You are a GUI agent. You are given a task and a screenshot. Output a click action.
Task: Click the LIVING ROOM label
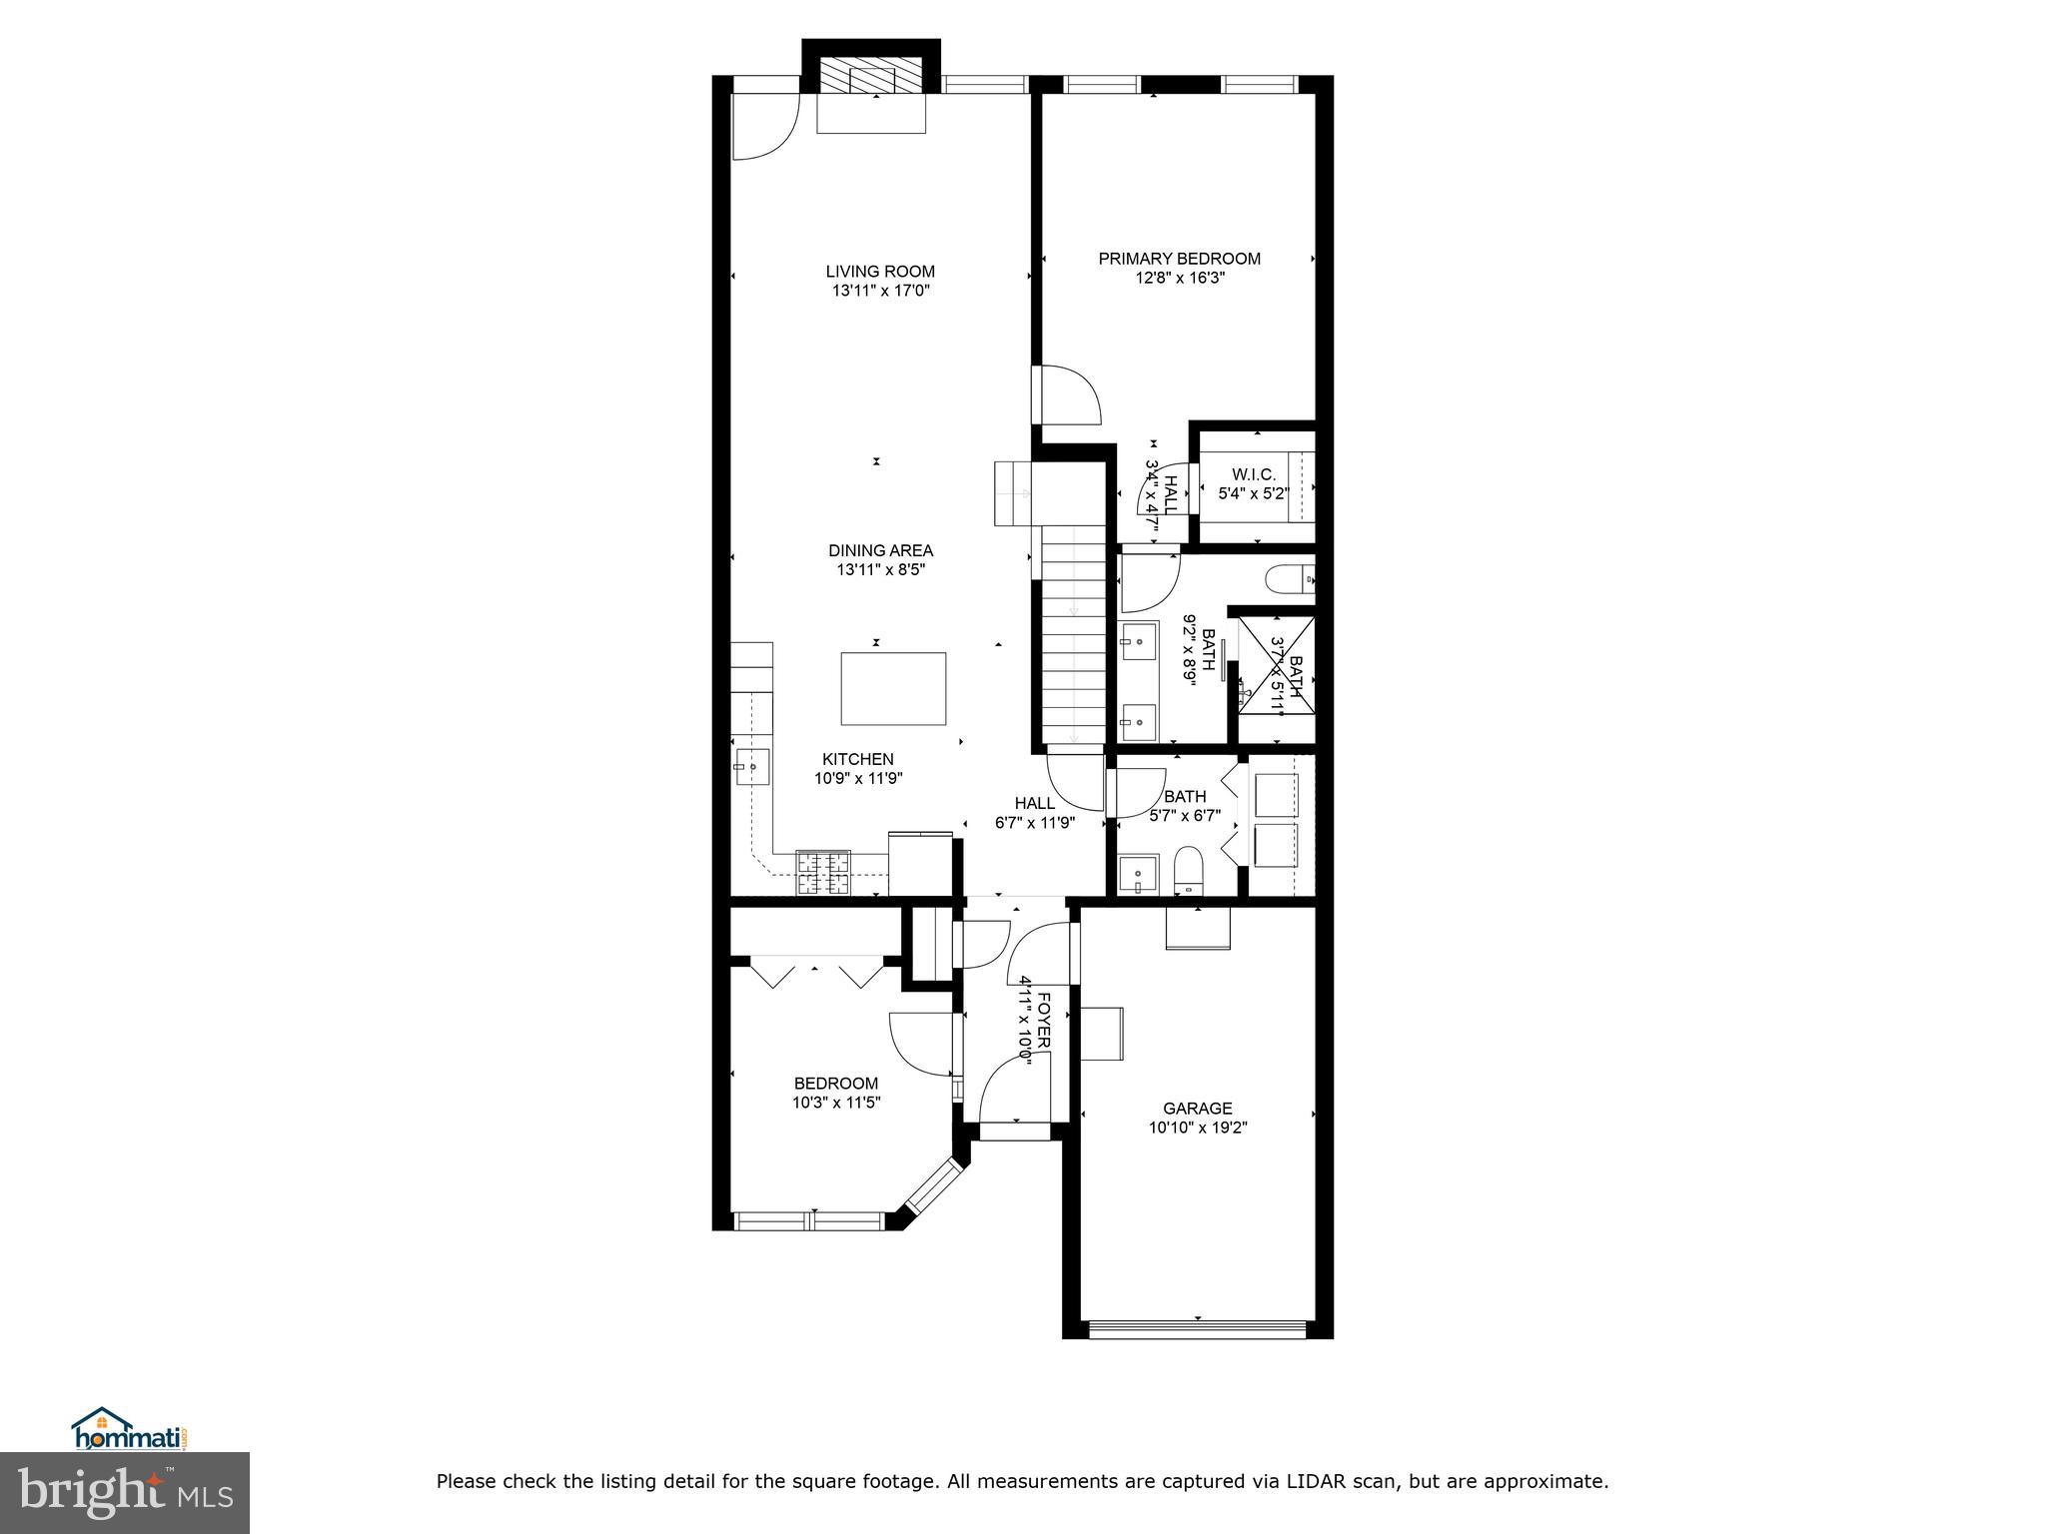[x=879, y=272]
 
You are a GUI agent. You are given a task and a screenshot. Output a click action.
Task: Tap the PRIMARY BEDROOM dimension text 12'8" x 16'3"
[x=1179, y=279]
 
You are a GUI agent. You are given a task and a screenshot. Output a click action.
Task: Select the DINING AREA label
[x=880, y=550]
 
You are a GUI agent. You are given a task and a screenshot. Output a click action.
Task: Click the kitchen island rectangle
[x=893, y=688]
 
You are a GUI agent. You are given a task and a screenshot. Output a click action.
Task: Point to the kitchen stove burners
[x=822, y=872]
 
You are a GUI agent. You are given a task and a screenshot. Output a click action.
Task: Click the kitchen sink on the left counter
[x=751, y=767]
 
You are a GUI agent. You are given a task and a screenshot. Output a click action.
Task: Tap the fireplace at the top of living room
[x=871, y=76]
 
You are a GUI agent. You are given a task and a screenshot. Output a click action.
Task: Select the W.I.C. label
[x=1253, y=474]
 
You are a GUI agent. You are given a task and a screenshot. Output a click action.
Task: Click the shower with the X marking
[x=1277, y=665]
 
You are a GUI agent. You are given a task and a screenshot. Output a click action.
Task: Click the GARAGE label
[x=1197, y=1109]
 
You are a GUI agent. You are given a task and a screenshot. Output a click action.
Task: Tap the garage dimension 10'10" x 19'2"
[x=1197, y=1129]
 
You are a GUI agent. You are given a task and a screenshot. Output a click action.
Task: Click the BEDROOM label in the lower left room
[x=835, y=1084]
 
